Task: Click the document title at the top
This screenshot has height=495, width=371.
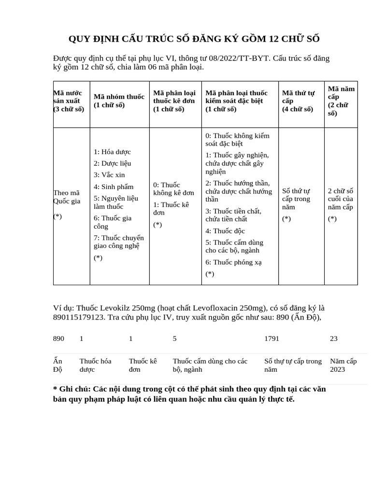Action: click(194, 39)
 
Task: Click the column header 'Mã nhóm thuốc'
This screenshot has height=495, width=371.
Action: click(119, 101)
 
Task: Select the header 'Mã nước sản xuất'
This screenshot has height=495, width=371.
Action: click(68, 101)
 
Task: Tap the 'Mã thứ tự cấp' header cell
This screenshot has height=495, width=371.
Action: click(298, 101)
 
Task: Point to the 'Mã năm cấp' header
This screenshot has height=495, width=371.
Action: click(341, 101)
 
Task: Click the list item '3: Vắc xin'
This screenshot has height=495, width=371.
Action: click(109, 175)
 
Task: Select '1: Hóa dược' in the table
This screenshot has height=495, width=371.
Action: click(112, 152)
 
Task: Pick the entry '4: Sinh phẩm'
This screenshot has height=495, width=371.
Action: click(114, 187)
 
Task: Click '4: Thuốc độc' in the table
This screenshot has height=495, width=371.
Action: click(226, 231)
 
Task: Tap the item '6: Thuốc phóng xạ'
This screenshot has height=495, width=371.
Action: click(233, 262)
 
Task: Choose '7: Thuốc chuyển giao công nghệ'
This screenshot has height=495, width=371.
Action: click(118, 241)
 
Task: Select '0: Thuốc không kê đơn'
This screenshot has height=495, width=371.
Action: click(173, 189)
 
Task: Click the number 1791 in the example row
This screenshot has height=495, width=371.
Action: click(272, 338)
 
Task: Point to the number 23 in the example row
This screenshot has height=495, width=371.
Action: click(334, 338)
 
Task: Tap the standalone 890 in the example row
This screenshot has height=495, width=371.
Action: click(58, 338)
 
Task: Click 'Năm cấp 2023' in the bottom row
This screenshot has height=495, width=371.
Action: click(343, 365)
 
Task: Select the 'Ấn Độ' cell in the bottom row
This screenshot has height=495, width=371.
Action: click(58, 365)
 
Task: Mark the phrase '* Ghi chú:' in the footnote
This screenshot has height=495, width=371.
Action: click(71, 389)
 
